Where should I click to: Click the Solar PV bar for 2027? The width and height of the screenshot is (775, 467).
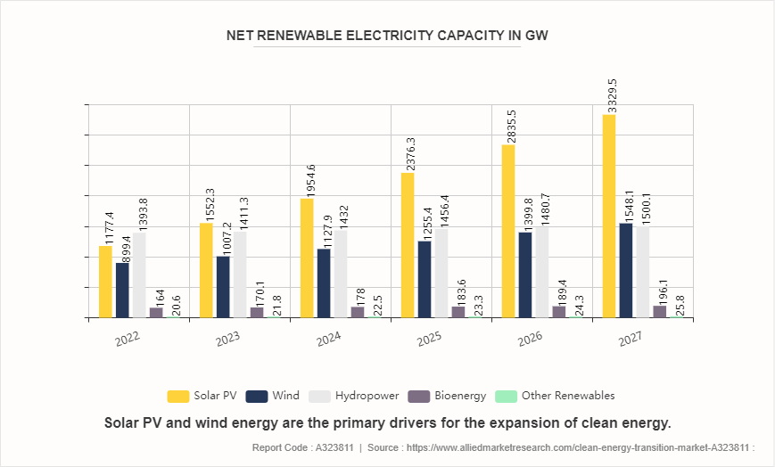609,216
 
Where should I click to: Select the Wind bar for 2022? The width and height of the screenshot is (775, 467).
122,291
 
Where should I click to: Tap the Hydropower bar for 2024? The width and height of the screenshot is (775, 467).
341,274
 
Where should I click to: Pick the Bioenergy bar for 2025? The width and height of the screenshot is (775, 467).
458,312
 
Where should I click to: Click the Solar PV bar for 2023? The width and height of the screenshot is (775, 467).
206,270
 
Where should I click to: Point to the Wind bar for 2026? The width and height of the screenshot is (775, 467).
525,274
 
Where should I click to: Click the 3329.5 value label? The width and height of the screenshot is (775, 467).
611,93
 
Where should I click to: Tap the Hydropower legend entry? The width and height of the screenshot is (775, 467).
352,396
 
